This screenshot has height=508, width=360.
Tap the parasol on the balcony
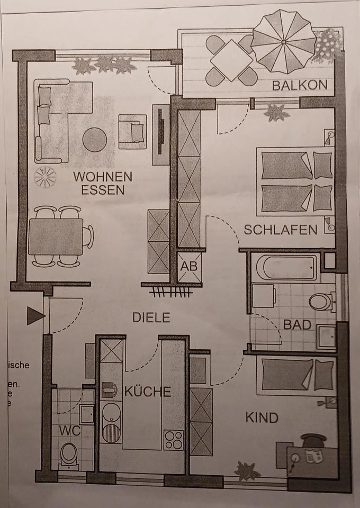pyautogui.click(x=284, y=41)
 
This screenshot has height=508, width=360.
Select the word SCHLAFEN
pyautogui.click(x=281, y=230)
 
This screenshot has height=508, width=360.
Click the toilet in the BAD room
pyautogui.click(x=320, y=302)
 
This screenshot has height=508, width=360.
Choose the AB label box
pyautogui.click(x=189, y=266)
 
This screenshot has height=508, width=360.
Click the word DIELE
pyautogui.click(x=151, y=317)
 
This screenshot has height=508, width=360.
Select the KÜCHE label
pyautogui.click(x=148, y=392)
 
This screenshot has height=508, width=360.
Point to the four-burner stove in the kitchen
pyautogui.click(x=174, y=438)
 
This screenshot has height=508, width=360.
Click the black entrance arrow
pyautogui.click(x=35, y=316)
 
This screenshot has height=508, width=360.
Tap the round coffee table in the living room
pyautogui.click(x=95, y=140)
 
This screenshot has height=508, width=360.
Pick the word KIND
pyautogui.click(x=262, y=418)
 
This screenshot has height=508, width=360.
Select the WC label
pyautogui.click(x=70, y=431)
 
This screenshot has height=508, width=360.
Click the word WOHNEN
pyautogui.click(x=103, y=176)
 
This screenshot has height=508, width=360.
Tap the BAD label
pyautogui.click(x=297, y=324)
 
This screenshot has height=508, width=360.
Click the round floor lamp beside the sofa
pyautogui.click(x=45, y=177)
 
